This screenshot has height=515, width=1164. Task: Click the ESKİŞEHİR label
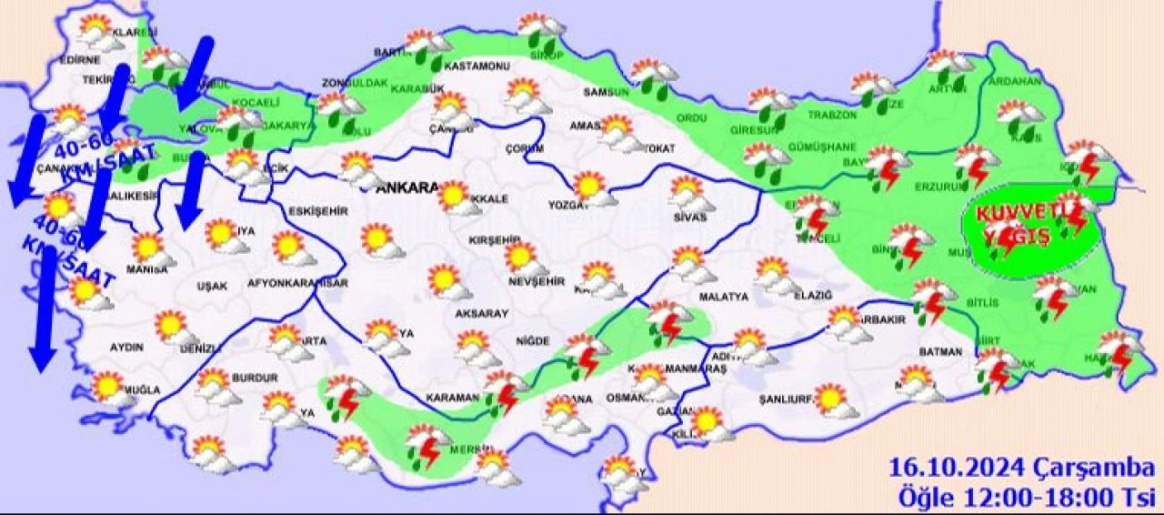(x=318, y=211)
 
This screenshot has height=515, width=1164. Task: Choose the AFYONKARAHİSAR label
(x=298, y=284)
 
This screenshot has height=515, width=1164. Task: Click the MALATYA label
(x=724, y=297)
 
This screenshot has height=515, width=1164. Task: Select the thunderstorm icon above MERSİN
(x=425, y=445)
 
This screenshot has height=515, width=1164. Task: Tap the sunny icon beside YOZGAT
(x=590, y=186)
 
